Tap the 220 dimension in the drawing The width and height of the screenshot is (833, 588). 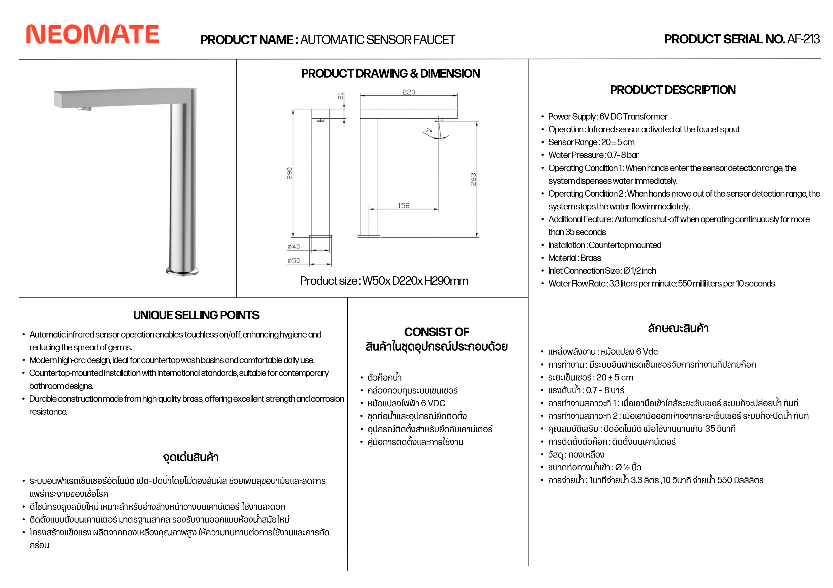[409, 92]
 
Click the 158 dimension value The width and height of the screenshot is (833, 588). [403, 206]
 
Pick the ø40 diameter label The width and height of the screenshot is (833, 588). [293, 247]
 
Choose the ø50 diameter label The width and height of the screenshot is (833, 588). [293, 261]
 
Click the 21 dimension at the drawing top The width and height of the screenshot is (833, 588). [340, 96]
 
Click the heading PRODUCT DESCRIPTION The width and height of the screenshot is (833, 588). [673, 90]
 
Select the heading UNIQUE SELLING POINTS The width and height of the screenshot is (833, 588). [196, 315]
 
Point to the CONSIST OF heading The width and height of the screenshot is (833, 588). [437, 332]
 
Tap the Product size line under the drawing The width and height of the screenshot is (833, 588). [384, 281]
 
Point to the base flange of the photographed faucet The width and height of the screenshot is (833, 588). [183, 271]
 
